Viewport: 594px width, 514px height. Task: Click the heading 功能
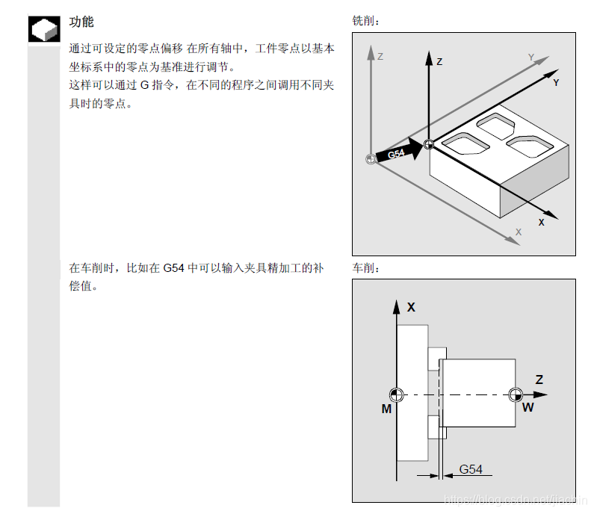(x=81, y=22)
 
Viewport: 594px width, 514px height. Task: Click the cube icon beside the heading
(x=43, y=29)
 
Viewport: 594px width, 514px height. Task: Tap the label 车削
(x=365, y=267)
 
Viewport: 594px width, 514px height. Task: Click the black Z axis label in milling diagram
(x=439, y=61)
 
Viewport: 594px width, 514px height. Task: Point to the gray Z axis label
(x=380, y=56)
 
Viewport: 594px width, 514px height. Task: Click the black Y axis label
(x=556, y=83)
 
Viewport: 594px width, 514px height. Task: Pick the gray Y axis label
(x=531, y=57)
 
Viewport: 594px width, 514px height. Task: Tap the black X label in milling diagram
(x=541, y=222)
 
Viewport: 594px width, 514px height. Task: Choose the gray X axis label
(x=518, y=232)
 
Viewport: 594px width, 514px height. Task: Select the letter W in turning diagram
(x=528, y=407)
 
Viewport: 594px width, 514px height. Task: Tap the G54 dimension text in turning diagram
(x=471, y=469)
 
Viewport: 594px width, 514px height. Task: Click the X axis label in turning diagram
(x=411, y=306)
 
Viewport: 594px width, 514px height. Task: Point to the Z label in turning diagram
(x=539, y=380)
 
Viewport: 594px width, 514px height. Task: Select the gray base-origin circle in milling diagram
(x=370, y=158)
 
